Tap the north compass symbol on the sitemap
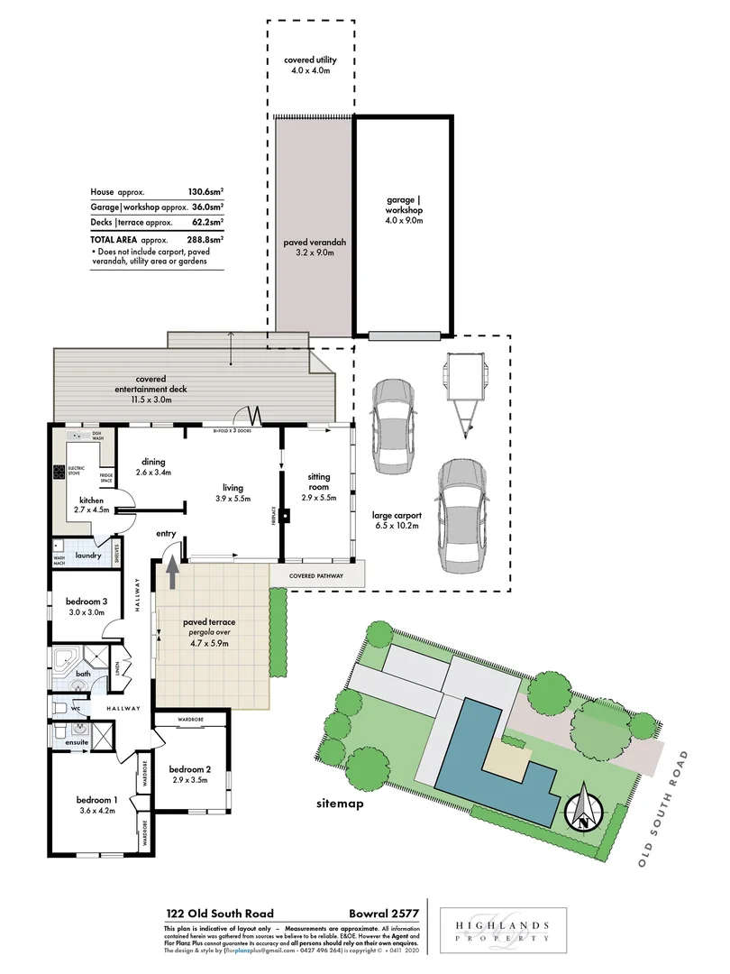tap(583, 808)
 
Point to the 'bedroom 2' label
tap(190, 775)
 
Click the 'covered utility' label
tap(309, 66)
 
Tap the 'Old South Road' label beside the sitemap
tap(662, 809)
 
